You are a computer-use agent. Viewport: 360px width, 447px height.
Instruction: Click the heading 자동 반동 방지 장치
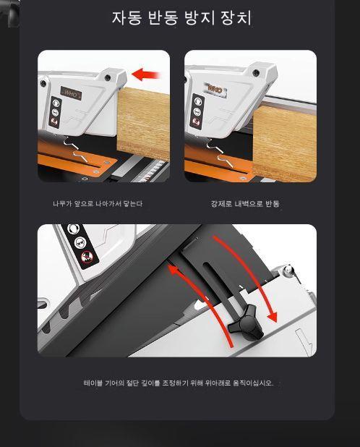pyautogui.click(x=181, y=18)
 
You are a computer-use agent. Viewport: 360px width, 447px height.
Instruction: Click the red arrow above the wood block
pyautogui.click(x=146, y=74)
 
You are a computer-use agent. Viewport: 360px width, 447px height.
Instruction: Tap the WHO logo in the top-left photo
pyautogui.click(x=71, y=93)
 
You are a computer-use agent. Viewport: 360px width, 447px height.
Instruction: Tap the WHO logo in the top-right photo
pyautogui.click(x=215, y=90)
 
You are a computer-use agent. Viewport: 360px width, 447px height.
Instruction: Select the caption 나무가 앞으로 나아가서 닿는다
pyautogui.click(x=98, y=204)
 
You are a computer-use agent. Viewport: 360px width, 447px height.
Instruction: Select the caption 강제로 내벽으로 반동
pyautogui.click(x=245, y=204)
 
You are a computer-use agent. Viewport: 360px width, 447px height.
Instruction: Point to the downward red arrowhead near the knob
pyautogui.click(x=273, y=317)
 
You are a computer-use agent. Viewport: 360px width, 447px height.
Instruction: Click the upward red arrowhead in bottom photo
pyautogui.click(x=174, y=270)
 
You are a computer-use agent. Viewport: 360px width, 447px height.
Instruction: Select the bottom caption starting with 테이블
pyautogui.click(x=179, y=383)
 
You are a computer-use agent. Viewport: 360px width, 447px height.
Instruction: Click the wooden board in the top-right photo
pyautogui.click(x=284, y=143)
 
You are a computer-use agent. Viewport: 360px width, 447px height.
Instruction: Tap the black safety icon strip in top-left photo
pyautogui.click(x=55, y=112)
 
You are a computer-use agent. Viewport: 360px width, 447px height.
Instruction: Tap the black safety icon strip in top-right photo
pyautogui.click(x=197, y=111)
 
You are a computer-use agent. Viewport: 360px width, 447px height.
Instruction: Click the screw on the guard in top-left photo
pyautogui.click(x=108, y=77)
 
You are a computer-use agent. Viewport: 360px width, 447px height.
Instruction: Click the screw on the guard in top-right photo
pyautogui.click(x=256, y=73)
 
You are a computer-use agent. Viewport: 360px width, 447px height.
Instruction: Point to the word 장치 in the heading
pyautogui.click(x=236, y=18)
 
